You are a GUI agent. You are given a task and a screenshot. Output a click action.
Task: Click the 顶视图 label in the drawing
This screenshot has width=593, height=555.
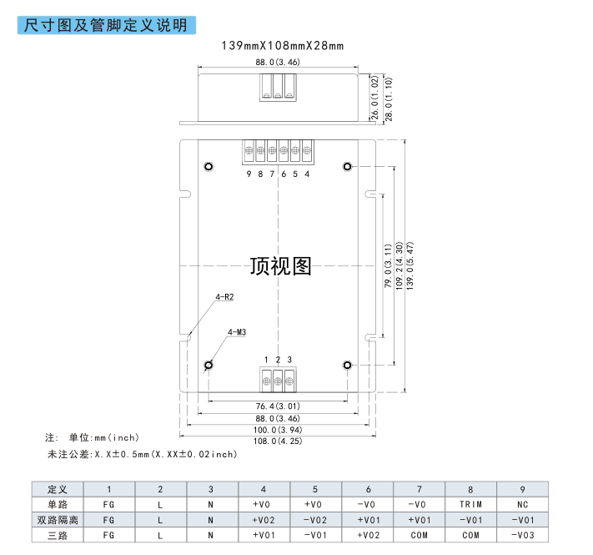pyautogui.click(x=280, y=266)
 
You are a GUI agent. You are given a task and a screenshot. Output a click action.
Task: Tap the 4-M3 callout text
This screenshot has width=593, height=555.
pyautogui.click(x=237, y=332)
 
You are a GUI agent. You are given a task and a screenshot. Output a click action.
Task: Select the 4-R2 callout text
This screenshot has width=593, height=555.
pyautogui.click(x=224, y=297)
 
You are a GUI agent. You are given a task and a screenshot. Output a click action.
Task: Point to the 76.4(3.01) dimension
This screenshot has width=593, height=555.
pyautogui.click(x=278, y=406)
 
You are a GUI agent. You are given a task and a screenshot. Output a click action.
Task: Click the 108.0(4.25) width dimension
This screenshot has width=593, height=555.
pyautogui.click(x=278, y=441)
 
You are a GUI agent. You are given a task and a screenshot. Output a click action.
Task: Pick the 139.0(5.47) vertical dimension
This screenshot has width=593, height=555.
pyautogui.click(x=410, y=266)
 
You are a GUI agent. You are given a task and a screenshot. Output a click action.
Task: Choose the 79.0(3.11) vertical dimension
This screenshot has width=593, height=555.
pyautogui.click(x=388, y=266)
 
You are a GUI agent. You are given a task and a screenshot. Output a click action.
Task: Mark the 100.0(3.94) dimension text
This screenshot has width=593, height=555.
pyautogui.click(x=278, y=430)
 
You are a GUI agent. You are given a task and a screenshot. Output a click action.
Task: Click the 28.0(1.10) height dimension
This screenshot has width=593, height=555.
pyautogui.click(x=389, y=99)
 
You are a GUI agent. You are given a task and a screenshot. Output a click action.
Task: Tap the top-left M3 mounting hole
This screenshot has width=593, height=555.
pyautogui.click(x=209, y=166)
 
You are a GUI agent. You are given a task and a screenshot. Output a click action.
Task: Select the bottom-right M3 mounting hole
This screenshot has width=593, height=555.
pyautogui.click(x=347, y=365)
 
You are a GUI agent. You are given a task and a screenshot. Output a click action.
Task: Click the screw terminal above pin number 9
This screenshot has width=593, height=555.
pyautogui.click(x=249, y=151)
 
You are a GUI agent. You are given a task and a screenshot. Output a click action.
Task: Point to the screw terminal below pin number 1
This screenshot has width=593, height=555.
pyautogui.click(x=266, y=381)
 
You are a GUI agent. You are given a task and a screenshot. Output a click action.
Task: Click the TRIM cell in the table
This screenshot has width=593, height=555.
pyautogui.click(x=471, y=505)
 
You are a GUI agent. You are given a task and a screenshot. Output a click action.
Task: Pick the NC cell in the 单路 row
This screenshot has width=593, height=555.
pyautogui.click(x=523, y=505)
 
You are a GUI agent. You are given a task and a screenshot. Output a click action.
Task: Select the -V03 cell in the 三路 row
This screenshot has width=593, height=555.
pyautogui.click(x=523, y=535)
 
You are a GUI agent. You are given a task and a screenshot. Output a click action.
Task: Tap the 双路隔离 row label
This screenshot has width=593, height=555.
pyautogui.click(x=58, y=520)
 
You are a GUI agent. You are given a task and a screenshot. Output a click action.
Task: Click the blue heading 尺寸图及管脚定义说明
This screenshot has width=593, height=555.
pyautogui.click(x=106, y=25)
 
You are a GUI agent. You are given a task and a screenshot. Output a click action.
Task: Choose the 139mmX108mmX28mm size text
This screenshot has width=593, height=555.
pyautogui.click(x=283, y=46)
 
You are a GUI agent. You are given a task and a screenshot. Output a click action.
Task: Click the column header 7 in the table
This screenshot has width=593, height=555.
pyautogui.click(x=419, y=490)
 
